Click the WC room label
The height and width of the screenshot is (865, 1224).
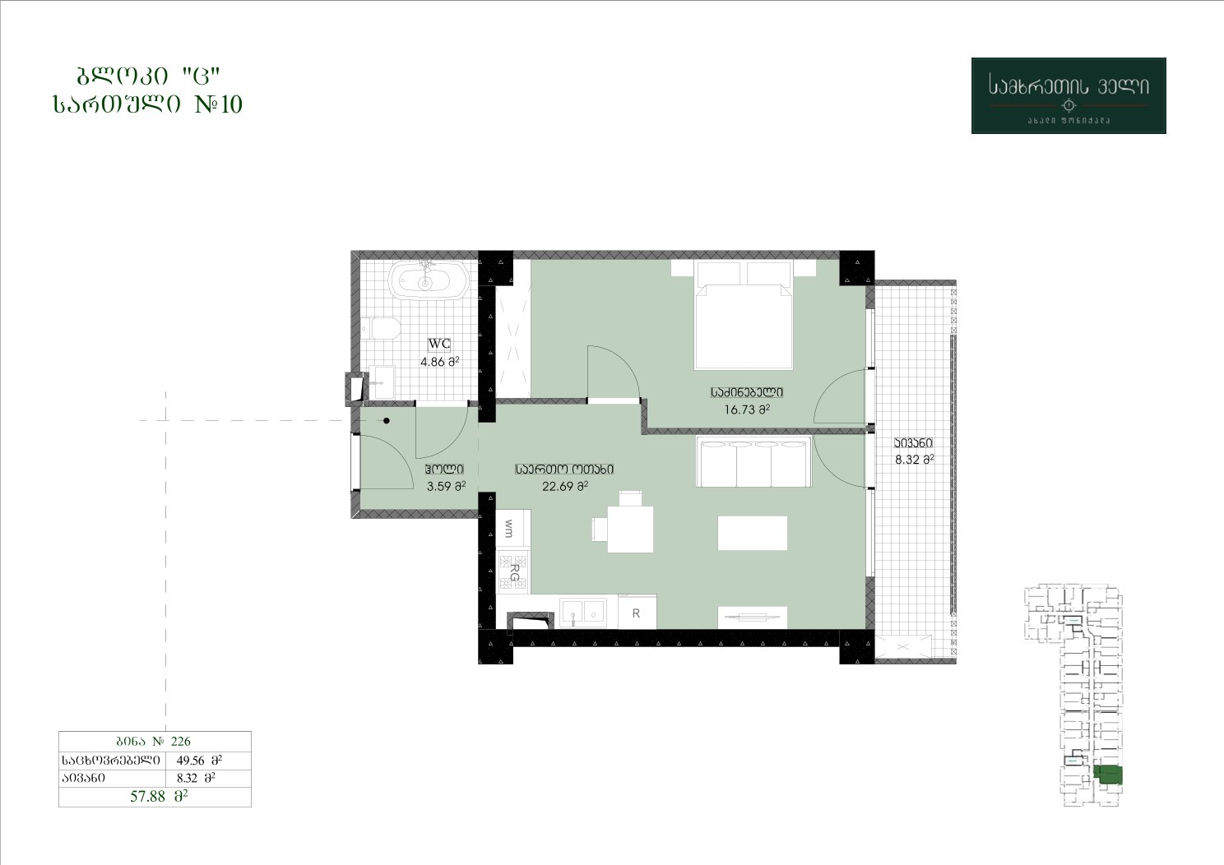(x=439, y=344)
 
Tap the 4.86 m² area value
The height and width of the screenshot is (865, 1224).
(x=439, y=362)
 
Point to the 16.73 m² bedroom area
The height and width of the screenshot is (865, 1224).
(x=747, y=409)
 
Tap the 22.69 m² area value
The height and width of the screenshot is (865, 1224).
(x=565, y=486)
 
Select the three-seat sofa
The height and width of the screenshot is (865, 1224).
(x=753, y=461)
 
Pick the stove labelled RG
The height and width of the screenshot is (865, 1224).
(x=513, y=571)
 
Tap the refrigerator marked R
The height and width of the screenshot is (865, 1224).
(x=637, y=613)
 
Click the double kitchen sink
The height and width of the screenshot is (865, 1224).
(x=583, y=612)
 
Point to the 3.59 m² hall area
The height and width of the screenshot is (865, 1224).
(x=446, y=486)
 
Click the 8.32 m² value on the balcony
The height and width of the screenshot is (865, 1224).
(x=914, y=460)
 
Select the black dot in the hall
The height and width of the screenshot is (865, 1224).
(x=387, y=421)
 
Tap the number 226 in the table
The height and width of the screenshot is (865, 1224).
(x=181, y=741)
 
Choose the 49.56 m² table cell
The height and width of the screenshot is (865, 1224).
(x=199, y=760)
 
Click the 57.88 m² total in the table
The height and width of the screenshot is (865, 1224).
(x=159, y=796)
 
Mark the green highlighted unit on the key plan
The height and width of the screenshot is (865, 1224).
(x=1108, y=775)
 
